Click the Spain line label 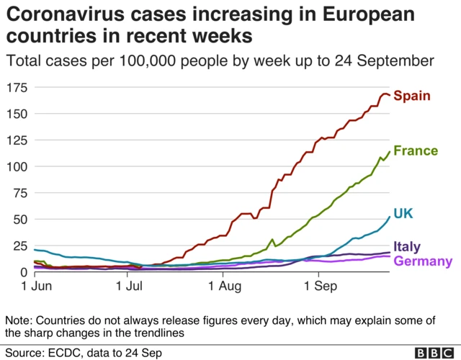(412, 96)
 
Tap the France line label (416, 150)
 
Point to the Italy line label (406, 248)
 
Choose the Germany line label (424, 261)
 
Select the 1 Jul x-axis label (127, 287)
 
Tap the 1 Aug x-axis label (223, 287)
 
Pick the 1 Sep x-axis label (318, 287)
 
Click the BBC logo (435, 352)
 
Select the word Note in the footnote (18, 320)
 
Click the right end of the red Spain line (390, 95)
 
